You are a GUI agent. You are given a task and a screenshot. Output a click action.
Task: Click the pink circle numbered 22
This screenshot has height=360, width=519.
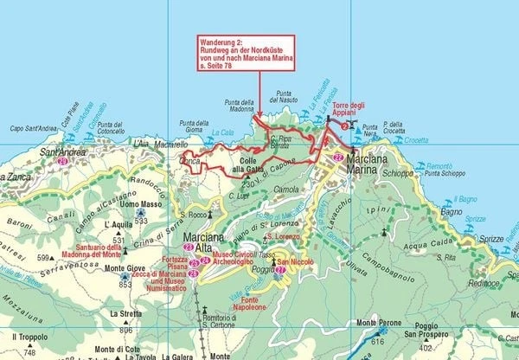coord(338,157)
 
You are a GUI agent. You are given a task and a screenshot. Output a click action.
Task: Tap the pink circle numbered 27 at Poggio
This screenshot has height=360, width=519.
coord(280,270)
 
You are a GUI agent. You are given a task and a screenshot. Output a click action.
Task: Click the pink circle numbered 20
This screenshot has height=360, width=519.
coord(62,162)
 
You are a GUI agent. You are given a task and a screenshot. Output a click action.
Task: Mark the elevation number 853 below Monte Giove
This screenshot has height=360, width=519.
coord(125,284)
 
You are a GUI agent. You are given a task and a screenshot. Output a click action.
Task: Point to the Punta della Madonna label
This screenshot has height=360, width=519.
coord(239,105)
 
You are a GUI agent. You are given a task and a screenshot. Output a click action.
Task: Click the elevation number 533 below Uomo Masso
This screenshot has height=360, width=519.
coord(138,222)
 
